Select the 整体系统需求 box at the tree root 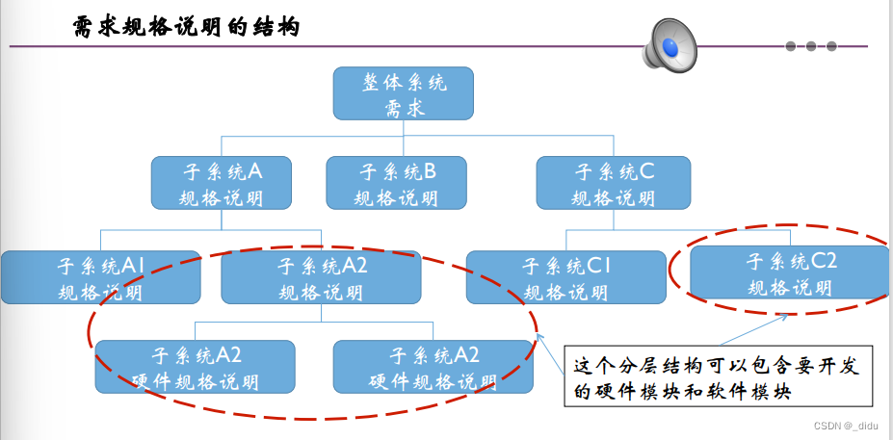404,93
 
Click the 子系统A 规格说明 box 223,183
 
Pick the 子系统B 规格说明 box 396,183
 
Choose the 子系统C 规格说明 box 614,183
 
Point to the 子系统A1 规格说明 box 101,277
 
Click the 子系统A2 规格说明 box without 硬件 321,277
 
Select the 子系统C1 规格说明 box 565,277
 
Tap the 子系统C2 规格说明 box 791,272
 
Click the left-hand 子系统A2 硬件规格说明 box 195,367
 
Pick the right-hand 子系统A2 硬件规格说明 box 433,367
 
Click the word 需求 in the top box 404,107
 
